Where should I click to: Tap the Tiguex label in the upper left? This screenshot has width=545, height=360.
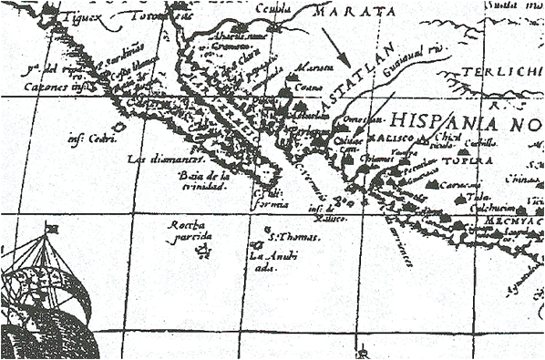pos(78,16)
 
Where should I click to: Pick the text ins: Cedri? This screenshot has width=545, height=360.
pos(88,139)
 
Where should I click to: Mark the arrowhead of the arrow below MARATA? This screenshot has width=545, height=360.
pos(346,61)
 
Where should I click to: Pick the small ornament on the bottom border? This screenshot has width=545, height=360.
pos(363,351)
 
